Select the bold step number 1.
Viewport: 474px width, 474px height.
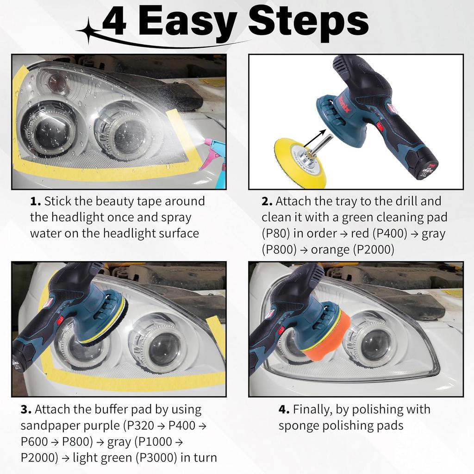35,201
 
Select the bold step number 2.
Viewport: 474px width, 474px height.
267,201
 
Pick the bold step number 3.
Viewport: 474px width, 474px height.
26,410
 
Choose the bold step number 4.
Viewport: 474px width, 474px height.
284,410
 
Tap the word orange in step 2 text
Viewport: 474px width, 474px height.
330,249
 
